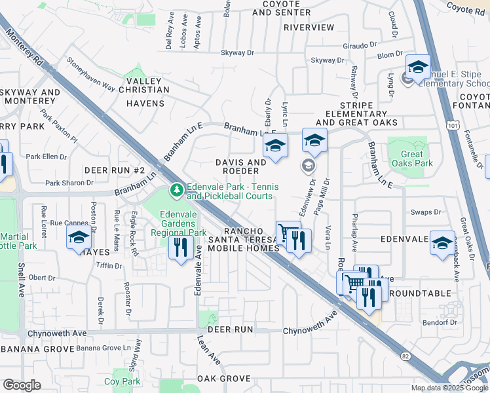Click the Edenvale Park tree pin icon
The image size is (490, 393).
[x=176, y=191]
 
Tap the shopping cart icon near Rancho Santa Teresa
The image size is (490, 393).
[x=286, y=232]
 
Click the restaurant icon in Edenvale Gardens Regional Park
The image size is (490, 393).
[x=180, y=247]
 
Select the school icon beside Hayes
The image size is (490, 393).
[x=79, y=238]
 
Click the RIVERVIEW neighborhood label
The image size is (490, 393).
[x=309, y=28]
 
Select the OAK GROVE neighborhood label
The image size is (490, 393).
[x=224, y=379]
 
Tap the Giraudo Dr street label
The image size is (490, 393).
[x=361, y=46]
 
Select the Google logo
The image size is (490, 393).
[x=22, y=384]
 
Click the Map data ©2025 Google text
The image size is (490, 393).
[x=449, y=388]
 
